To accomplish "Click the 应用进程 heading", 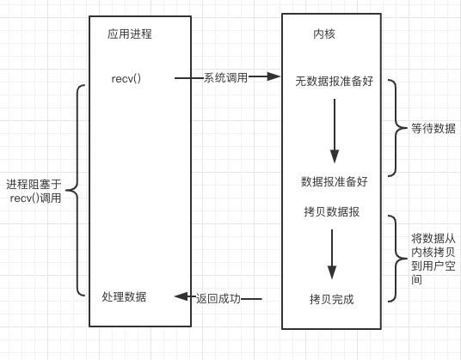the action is (130, 34).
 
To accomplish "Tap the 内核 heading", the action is (324, 34).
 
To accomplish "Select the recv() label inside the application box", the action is (126, 79).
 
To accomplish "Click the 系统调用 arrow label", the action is (225, 78).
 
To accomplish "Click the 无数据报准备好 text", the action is (335, 82).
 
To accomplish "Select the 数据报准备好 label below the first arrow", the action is (335, 181).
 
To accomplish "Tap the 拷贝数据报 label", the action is (332, 211).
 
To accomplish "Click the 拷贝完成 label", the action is (332, 299).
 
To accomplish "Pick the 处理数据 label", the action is (124, 296).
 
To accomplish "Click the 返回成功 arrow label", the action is (218, 299).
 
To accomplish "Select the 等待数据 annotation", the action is (433, 128).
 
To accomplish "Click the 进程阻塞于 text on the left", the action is (34, 185).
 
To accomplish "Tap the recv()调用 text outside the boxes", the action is (35, 198).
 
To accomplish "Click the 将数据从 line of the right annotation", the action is (433, 239).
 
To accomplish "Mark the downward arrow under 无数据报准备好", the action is (335, 131).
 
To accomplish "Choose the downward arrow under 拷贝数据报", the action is (332, 254).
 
